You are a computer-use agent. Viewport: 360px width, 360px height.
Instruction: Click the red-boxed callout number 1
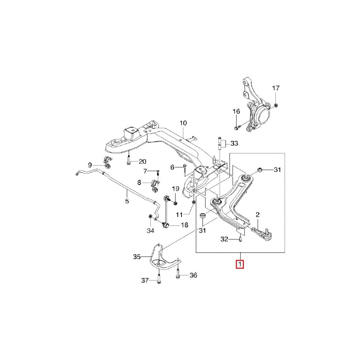[x=241, y=264]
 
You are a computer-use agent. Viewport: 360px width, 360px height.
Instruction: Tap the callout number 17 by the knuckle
[x=276, y=88]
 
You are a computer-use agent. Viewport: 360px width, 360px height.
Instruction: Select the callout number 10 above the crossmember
[x=183, y=123]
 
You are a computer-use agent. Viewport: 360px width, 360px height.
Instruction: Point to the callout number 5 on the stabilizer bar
[x=127, y=201]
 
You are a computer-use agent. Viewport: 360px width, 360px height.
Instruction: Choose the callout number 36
[x=193, y=275]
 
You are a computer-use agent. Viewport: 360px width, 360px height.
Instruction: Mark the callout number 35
[x=137, y=257]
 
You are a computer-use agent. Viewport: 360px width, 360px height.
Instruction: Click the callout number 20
[x=142, y=162]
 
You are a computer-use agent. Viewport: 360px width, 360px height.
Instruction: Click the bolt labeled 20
[x=129, y=161]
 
